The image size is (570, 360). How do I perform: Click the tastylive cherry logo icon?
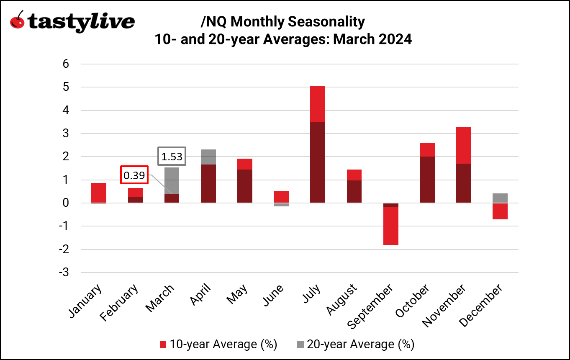click(x=17, y=21)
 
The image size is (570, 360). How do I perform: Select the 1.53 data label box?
click(x=172, y=157)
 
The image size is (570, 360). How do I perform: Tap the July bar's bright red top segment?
click(x=317, y=104)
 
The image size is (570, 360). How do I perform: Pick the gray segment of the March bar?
click(x=172, y=180)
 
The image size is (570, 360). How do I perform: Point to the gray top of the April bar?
click(x=208, y=157)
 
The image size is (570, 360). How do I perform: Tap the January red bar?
click(x=99, y=193)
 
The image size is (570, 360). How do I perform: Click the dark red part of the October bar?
click(x=427, y=180)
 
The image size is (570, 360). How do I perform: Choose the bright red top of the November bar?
click(x=463, y=145)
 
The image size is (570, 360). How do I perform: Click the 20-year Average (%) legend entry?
click(x=355, y=345)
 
